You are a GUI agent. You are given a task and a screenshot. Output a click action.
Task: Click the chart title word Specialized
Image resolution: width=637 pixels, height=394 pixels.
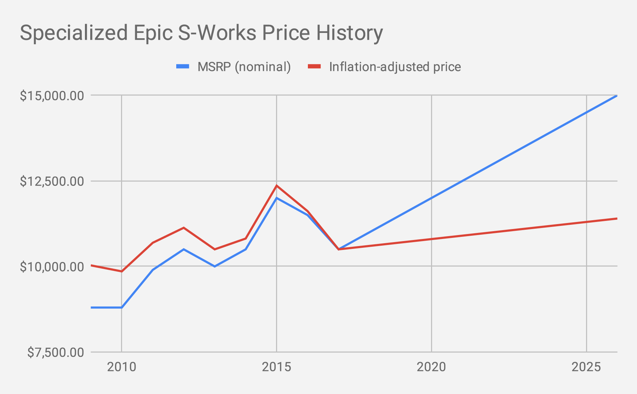pyautogui.click(x=74, y=33)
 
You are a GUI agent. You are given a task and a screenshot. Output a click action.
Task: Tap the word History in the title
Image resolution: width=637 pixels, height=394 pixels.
pyautogui.click(x=349, y=33)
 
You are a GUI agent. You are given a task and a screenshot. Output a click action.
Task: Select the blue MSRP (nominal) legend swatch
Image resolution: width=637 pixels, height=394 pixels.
pyautogui.click(x=183, y=67)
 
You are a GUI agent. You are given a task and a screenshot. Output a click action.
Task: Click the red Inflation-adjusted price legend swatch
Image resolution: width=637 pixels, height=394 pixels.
pyautogui.click(x=314, y=67)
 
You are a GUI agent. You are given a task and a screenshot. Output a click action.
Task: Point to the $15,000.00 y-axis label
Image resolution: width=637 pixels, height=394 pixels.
pyautogui.click(x=52, y=96)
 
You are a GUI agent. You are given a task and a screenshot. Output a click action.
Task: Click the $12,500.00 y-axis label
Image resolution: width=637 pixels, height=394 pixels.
pyautogui.click(x=52, y=182)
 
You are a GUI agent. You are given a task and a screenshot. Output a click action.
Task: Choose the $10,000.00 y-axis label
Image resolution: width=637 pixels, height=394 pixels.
pyautogui.click(x=52, y=267)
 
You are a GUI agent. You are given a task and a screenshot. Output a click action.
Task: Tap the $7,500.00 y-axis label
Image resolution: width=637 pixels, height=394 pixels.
pyautogui.click(x=56, y=353)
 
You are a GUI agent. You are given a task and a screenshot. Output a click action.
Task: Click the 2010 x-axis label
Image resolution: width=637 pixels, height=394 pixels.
pyautogui.click(x=121, y=367)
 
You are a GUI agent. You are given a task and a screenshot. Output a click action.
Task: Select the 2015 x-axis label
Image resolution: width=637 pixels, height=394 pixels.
pyautogui.click(x=276, y=367)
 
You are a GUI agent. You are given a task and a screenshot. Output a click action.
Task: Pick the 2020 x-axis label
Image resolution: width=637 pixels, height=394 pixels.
pyautogui.click(x=431, y=367)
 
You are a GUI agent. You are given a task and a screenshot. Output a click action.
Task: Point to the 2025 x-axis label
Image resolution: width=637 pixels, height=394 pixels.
pyautogui.click(x=586, y=367)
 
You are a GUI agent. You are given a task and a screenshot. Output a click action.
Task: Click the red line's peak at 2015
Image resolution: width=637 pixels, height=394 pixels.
pyautogui.click(x=276, y=185)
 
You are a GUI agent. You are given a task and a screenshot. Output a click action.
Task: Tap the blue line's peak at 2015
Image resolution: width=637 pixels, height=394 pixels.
pyautogui.click(x=276, y=198)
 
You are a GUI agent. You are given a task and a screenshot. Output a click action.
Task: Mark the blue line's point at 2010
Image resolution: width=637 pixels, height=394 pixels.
pyautogui.click(x=121, y=307)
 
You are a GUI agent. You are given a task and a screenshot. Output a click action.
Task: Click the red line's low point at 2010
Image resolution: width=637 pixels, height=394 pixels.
pyautogui.click(x=121, y=272)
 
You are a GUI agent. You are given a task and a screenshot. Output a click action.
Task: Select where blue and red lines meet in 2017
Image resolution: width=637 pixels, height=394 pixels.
pyautogui.click(x=338, y=249)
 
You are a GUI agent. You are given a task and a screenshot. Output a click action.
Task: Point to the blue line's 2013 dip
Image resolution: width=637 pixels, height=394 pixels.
pyautogui.click(x=214, y=266)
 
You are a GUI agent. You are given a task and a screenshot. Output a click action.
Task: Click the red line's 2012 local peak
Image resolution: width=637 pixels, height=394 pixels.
pyautogui.click(x=184, y=228)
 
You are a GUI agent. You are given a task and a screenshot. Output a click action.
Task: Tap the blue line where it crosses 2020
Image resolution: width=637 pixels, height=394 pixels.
pyautogui.click(x=431, y=198)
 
